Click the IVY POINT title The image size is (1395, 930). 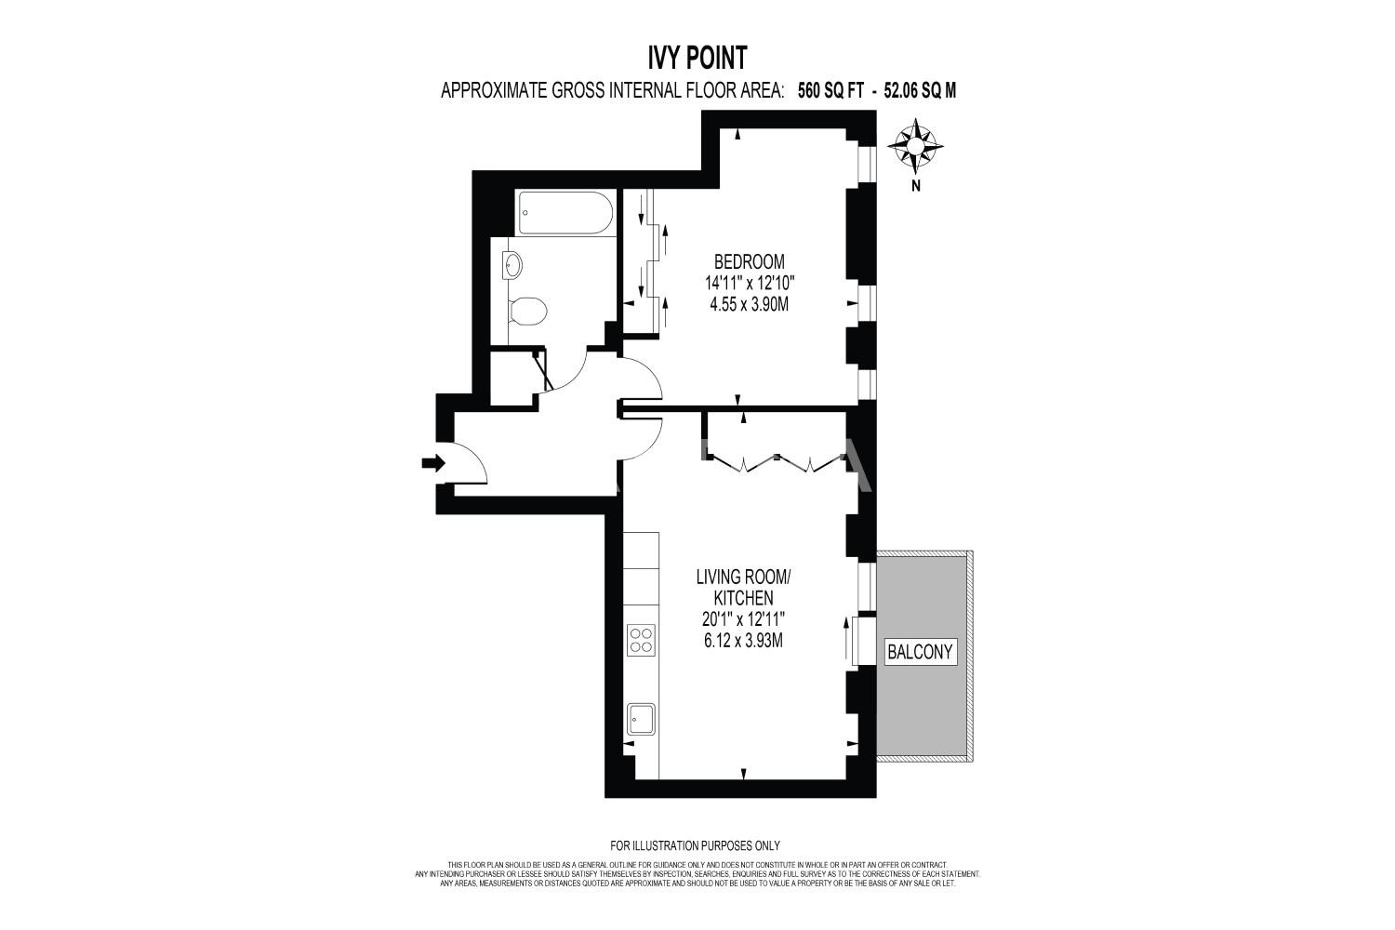697,59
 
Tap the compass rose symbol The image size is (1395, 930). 915,147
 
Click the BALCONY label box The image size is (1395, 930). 920,652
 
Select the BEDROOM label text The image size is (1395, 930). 750,261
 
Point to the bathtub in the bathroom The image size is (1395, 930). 565,212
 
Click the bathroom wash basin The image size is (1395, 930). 511,266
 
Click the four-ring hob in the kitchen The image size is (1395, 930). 641,640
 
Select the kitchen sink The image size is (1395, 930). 641,719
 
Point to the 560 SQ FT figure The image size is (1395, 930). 830,91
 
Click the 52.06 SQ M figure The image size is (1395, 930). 920,91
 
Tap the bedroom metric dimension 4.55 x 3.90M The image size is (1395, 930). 750,305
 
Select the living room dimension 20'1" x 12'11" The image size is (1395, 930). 744,619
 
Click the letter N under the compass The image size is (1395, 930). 915,186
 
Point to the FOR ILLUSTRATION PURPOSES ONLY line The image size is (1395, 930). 695,846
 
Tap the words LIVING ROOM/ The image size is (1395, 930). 743,577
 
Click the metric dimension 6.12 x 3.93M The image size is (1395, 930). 743,641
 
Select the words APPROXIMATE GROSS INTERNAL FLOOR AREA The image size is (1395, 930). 612,91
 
